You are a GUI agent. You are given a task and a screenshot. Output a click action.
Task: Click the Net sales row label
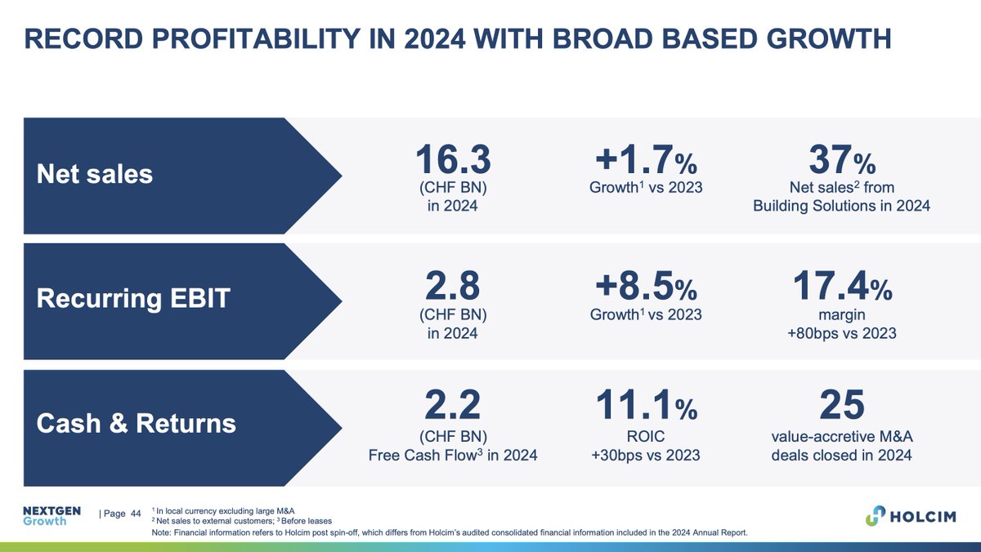pyautogui.click(x=95, y=173)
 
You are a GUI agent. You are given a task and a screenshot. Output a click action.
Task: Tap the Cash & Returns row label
pyautogui.click(x=137, y=423)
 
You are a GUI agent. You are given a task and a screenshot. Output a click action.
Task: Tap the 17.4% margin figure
pyautogui.click(x=841, y=285)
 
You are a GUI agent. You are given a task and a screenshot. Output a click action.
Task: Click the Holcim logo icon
pyautogui.click(x=876, y=516)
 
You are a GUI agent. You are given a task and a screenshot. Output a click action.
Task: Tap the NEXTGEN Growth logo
pyautogui.click(x=51, y=515)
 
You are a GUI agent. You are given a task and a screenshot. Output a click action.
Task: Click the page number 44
pyautogui.click(x=136, y=513)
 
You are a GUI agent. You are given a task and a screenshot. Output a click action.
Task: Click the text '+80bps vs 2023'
pyautogui.click(x=841, y=333)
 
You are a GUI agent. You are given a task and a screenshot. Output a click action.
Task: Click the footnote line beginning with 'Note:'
pyautogui.click(x=450, y=532)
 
